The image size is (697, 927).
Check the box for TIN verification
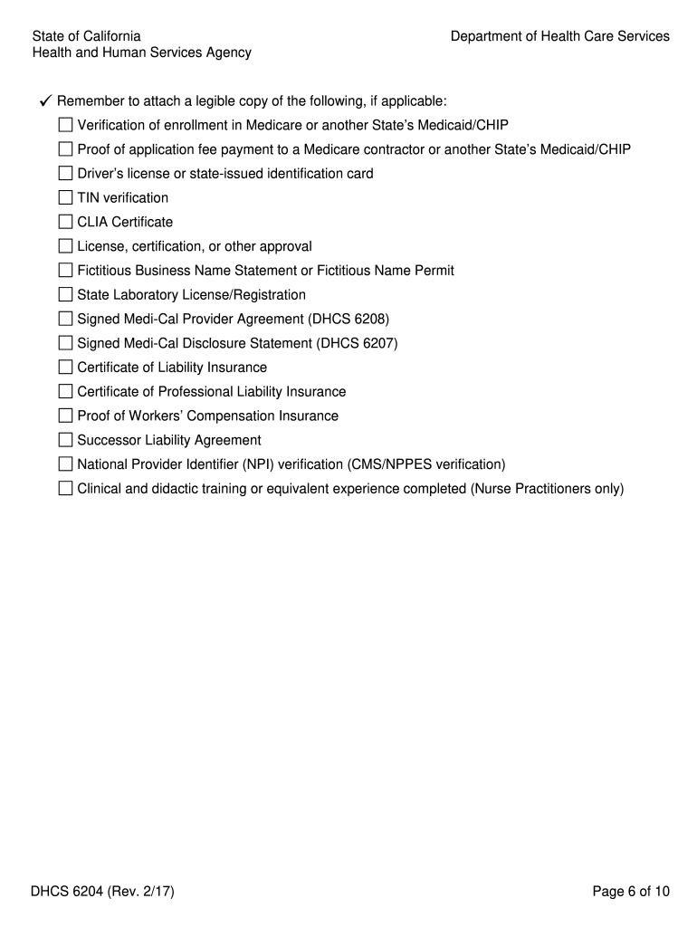point(65,197)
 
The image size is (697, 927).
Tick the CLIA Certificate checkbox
point(65,222)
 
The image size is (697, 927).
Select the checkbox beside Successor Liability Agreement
point(65,440)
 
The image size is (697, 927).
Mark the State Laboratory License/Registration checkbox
point(65,294)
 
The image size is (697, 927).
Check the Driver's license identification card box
point(65,173)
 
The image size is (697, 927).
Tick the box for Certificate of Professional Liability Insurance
point(65,392)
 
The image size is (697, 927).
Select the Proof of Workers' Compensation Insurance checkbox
point(65,416)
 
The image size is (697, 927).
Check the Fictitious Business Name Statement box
point(65,270)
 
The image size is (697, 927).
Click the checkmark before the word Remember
point(43,100)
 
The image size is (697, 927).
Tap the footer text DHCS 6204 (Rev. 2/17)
point(103,892)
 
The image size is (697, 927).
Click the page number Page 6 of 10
point(631,892)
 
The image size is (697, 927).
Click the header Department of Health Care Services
point(560,36)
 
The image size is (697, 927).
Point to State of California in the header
point(87,36)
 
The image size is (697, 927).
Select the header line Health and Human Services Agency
point(142,53)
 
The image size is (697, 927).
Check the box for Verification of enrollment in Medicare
point(65,125)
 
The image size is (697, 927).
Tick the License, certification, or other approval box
point(65,246)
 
